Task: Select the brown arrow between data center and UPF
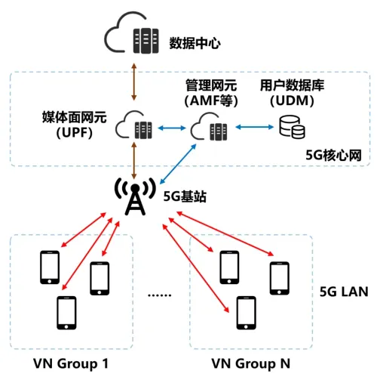[x=133, y=79]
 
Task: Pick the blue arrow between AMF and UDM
[x=250, y=128]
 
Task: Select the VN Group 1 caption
[x=72, y=363]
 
